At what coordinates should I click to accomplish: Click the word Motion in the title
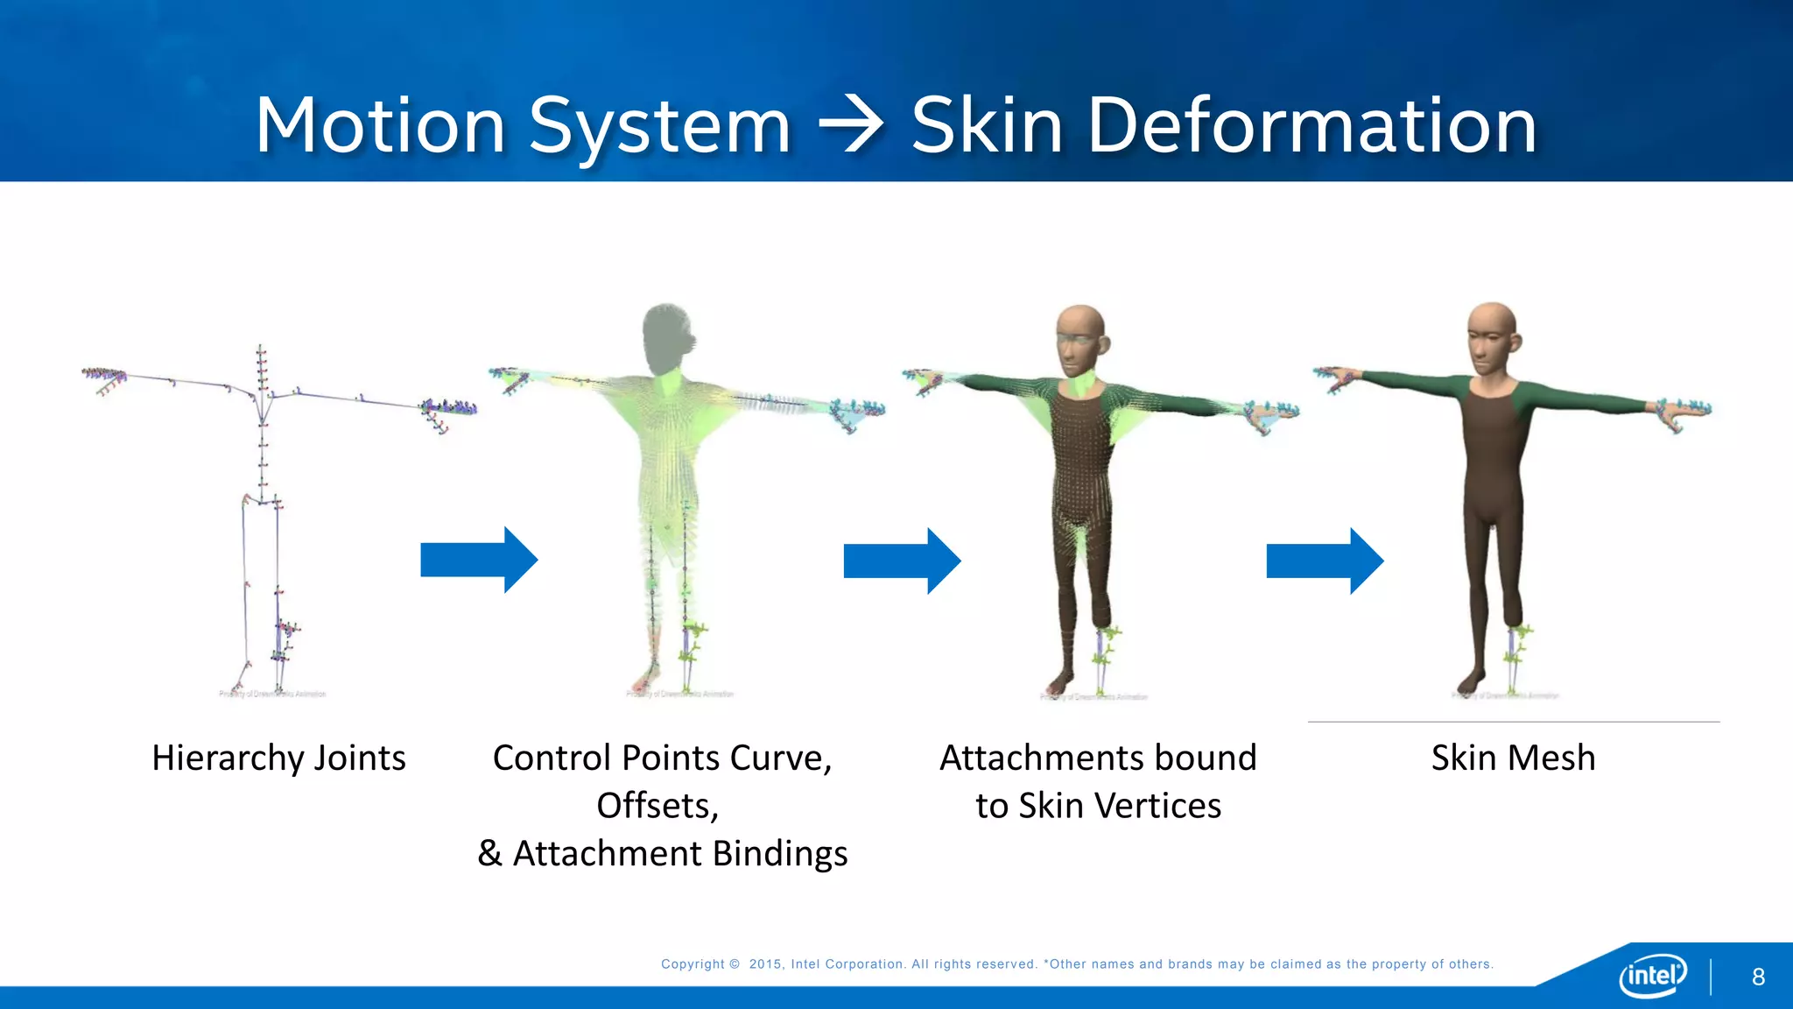click(x=380, y=126)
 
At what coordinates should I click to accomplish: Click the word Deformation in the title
click(x=1311, y=126)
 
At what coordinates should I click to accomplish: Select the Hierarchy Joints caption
click(x=278, y=758)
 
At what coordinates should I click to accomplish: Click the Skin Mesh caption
click(x=1513, y=758)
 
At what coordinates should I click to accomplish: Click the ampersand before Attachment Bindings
click(x=489, y=853)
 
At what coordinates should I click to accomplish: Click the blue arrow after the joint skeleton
click(x=478, y=560)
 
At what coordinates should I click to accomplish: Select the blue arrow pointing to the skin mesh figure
click(x=1324, y=561)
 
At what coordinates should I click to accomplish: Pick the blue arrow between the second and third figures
click(x=901, y=561)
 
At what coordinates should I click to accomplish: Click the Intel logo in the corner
click(x=1652, y=975)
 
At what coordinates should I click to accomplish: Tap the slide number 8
click(x=1758, y=977)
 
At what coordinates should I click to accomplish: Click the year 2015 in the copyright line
click(x=765, y=964)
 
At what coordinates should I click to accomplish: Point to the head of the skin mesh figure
click(x=1491, y=337)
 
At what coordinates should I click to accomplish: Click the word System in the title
click(x=660, y=128)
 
